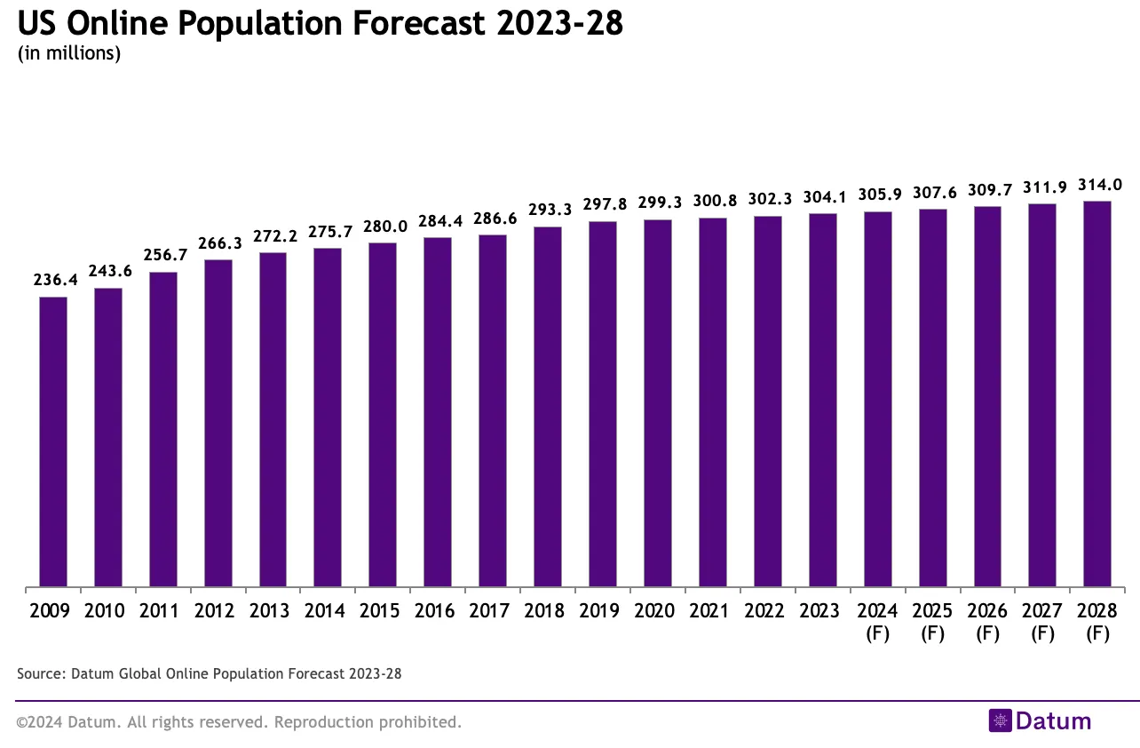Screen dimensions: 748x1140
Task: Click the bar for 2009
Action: pos(53,442)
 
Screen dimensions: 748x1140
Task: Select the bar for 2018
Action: pos(548,407)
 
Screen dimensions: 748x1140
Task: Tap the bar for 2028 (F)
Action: pos(1097,394)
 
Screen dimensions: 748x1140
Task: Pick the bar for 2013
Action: pos(273,419)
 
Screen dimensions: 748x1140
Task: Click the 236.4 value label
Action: pos(56,280)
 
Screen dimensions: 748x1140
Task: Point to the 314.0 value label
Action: pos(1100,185)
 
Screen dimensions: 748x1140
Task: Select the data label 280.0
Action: pos(384,227)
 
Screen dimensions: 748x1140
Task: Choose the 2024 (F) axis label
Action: pos(877,622)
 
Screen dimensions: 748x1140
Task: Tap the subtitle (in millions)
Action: pos(69,53)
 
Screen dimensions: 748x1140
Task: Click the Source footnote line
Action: pos(210,673)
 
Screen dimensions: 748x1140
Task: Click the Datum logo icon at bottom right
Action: pos(1001,720)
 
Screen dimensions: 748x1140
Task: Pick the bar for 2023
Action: pos(822,400)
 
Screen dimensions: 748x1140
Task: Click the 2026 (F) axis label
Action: pos(987,622)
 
